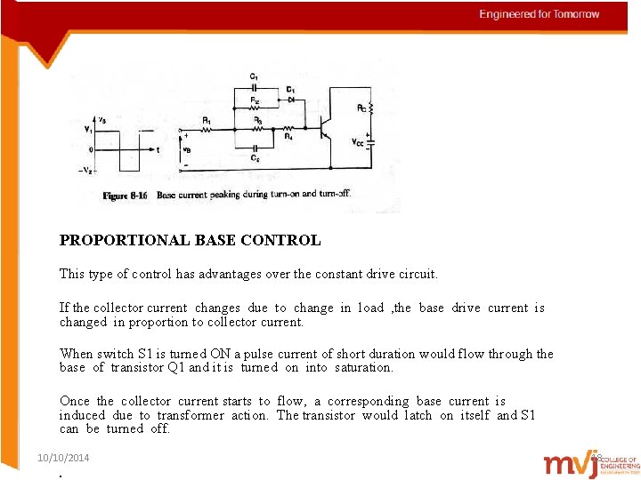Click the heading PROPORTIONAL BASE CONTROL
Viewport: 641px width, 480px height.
point(190,240)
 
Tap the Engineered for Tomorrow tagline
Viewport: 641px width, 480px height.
point(540,14)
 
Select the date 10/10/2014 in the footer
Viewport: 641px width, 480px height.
point(63,458)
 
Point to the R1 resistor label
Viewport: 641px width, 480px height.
point(207,119)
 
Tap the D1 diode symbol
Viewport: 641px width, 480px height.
point(292,100)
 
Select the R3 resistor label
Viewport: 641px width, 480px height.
point(256,119)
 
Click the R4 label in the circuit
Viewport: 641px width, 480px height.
point(288,138)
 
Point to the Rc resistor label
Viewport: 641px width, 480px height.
point(361,108)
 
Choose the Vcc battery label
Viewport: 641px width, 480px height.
point(357,142)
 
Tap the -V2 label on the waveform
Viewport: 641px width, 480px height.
point(85,171)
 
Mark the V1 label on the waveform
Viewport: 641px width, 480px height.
point(87,130)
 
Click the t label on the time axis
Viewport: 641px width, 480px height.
point(158,151)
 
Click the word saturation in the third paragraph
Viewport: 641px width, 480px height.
point(363,367)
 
